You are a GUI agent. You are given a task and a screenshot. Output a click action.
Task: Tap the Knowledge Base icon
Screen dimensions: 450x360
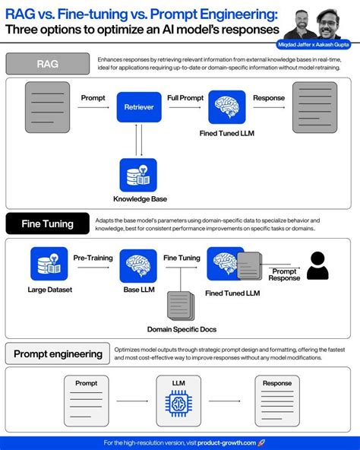pos(138,175)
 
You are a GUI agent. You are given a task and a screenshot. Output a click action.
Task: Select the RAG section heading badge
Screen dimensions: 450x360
pos(47,64)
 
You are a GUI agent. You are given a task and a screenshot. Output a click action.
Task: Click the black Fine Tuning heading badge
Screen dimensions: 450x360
pos(47,224)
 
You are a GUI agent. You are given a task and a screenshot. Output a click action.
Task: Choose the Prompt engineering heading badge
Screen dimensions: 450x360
pos(58,353)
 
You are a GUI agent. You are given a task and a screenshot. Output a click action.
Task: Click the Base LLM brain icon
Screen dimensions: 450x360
pos(138,265)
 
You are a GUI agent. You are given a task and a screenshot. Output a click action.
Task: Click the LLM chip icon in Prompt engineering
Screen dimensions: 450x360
pos(179,401)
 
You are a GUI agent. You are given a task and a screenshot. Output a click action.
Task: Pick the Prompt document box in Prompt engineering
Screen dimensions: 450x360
pos(87,400)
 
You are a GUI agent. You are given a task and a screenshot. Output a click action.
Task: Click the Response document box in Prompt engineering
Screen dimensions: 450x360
pos(276,400)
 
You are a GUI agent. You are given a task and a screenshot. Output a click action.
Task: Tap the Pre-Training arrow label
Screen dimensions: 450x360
pos(93,258)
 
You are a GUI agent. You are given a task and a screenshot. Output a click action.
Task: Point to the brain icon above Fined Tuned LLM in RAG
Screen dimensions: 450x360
pos(226,107)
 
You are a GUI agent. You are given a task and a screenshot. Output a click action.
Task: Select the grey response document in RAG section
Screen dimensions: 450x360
pos(314,107)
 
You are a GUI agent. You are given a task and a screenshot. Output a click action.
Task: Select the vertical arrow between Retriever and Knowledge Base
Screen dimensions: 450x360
pos(138,140)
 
